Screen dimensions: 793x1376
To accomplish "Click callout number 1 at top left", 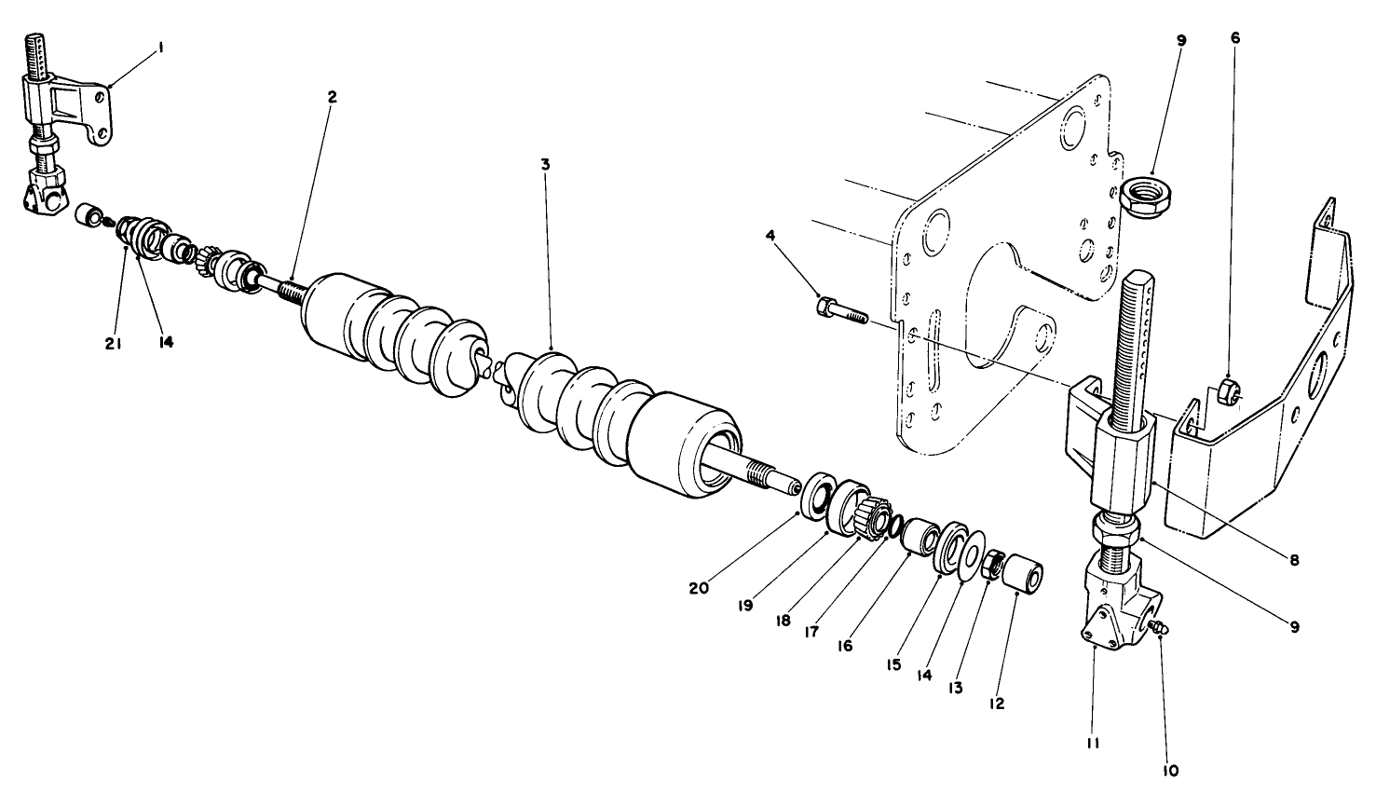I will tap(160, 45).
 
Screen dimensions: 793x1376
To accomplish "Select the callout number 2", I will tap(333, 97).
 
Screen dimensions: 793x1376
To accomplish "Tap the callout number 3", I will tap(545, 164).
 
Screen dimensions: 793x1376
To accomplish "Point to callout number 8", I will tap(1294, 560).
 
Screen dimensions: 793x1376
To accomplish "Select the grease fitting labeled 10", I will tap(1158, 629).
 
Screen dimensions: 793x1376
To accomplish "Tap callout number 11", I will tap(1093, 744).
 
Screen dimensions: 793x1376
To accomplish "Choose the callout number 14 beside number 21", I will tap(166, 342).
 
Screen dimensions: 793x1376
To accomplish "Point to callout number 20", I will tap(699, 588).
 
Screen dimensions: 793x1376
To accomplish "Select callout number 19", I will tap(744, 605).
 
